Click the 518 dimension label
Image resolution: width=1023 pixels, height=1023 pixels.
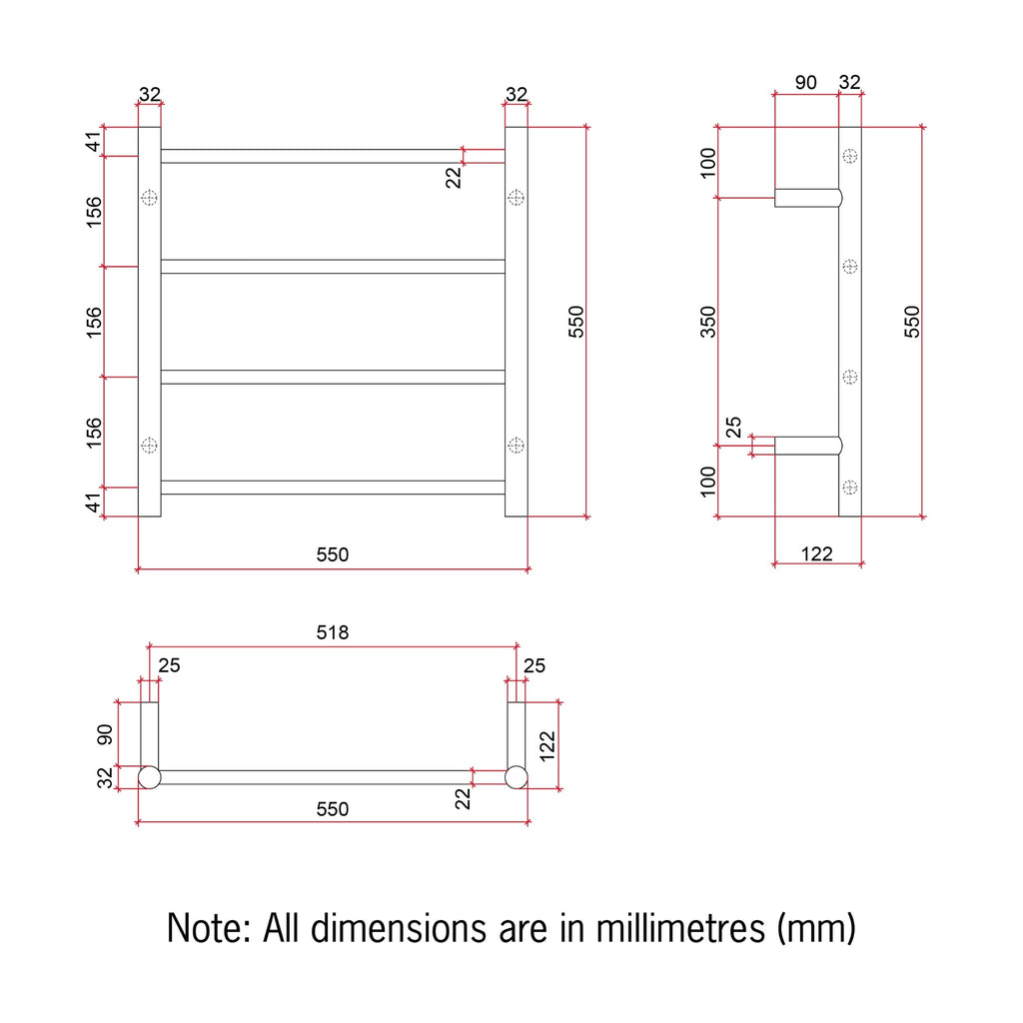coord(332,632)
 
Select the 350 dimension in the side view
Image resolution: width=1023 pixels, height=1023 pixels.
coord(708,322)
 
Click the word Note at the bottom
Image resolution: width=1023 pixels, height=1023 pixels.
coord(209,928)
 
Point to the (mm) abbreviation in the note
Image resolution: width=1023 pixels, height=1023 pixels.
coord(816,928)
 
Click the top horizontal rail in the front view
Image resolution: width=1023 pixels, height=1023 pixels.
coord(333,156)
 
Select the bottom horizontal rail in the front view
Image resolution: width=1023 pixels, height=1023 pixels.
coord(333,488)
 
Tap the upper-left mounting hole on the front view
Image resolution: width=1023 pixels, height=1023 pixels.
coord(150,197)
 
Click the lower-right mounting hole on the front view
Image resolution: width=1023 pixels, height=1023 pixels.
coord(516,446)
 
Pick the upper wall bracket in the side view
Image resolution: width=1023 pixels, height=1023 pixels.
coord(807,198)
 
